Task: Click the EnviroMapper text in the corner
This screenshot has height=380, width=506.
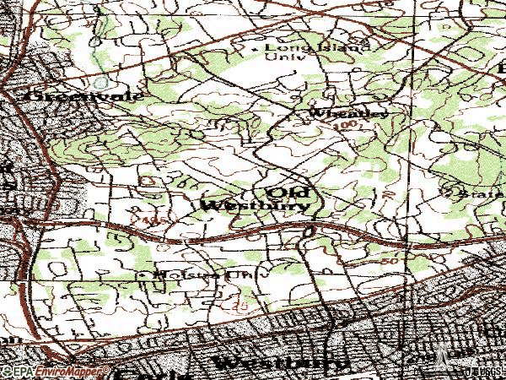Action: pyautogui.click(x=57, y=371)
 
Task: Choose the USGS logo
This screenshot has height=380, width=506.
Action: pyautogui.click(x=484, y=372)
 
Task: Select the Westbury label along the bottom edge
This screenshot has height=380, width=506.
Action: pyautogui.click(x=280, y=365)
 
